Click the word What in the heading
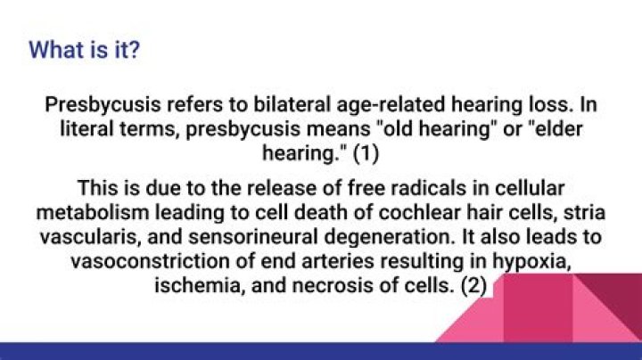(56, 50)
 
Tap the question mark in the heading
(134, 50)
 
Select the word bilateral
(292, 104)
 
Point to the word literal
(86, 129)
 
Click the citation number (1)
(366, 154)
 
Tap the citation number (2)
(473, 285)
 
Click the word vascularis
(90, 238)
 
